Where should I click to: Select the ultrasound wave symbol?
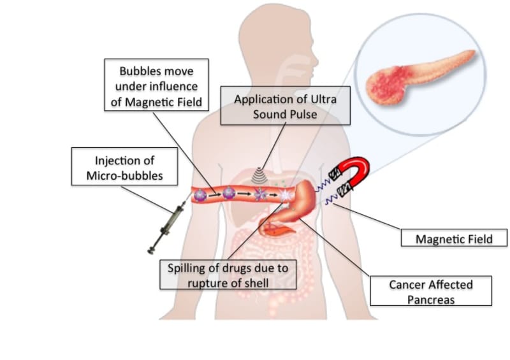259,175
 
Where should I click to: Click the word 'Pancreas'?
431,299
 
